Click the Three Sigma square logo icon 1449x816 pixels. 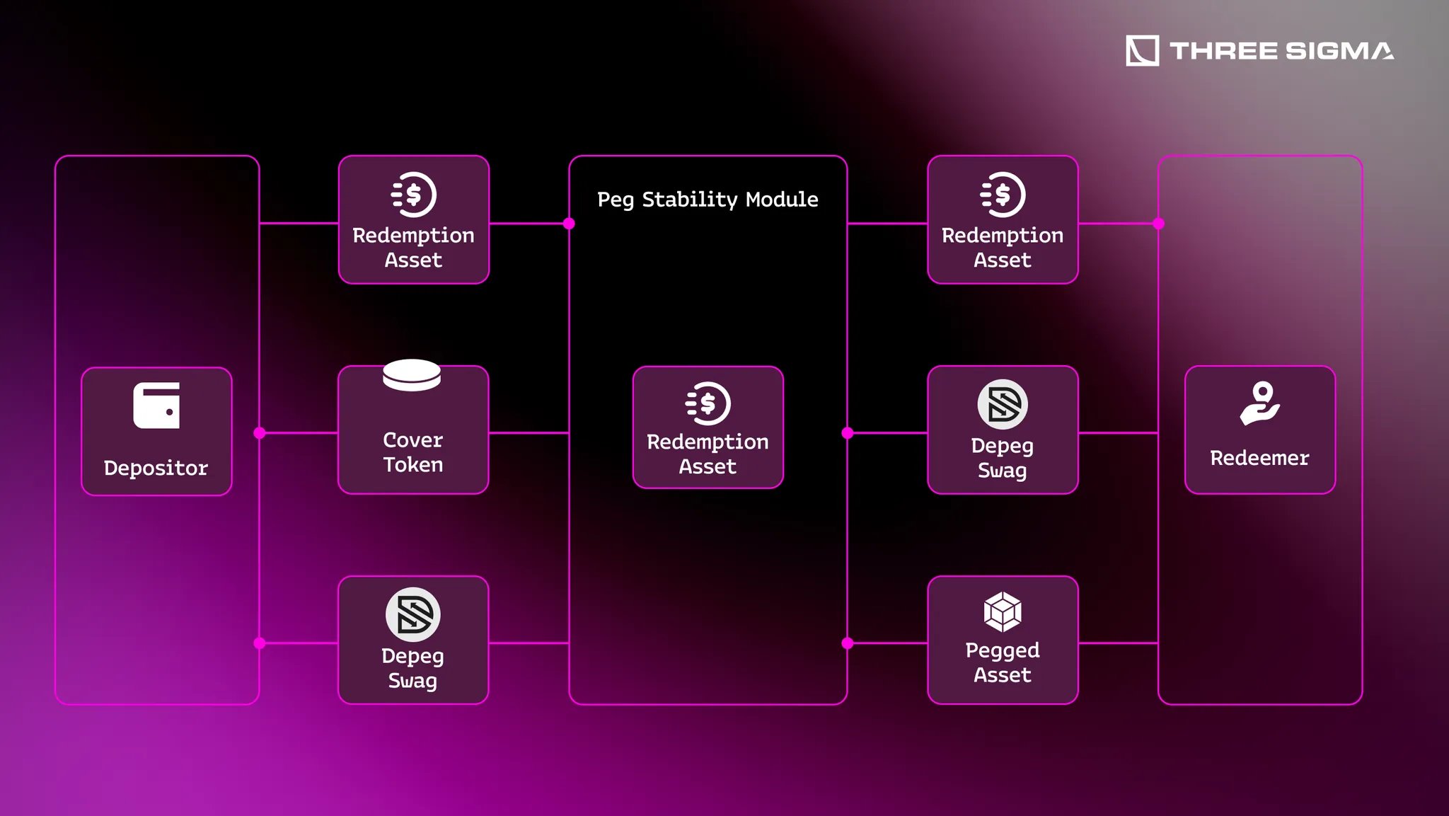click(1142, 50)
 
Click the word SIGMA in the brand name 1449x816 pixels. click(1339, 51)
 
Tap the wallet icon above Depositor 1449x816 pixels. click(156, 406)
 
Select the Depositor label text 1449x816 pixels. click(156, 468)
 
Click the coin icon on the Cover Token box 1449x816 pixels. click(412, 375)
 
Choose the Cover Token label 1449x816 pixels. click(413, 452)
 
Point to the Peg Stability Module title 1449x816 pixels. click(708, 200)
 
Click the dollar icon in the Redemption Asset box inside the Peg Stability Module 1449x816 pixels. click(708, 403)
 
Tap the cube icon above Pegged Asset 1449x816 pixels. click(1003, 611)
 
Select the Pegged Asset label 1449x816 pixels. click(1003, 662)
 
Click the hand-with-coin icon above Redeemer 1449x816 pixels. click(1260, 403)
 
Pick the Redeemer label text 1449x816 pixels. click(1259, 458)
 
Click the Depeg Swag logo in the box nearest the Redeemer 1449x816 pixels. click(1003, 405)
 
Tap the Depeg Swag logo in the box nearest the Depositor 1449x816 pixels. click(413, 614)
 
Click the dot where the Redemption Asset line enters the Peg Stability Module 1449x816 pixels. click(569, 224)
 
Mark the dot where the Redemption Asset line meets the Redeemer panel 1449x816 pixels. click(1158, 224)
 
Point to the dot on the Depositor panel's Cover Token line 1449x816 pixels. click(260, 432)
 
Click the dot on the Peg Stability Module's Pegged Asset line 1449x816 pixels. click(848, 643)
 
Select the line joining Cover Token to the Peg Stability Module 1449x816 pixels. click(529, 432)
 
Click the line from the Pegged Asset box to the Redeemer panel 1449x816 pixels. click(1118, 643)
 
